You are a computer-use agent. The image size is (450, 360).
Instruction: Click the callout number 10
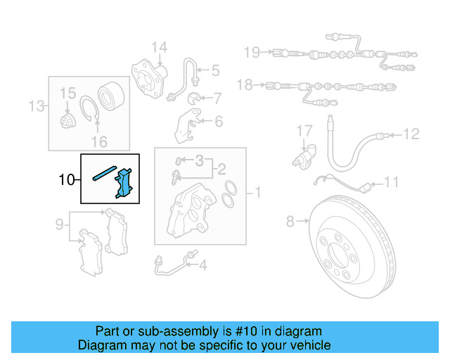[67, 180]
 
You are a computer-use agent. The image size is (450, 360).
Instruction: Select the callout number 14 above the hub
[160, 49]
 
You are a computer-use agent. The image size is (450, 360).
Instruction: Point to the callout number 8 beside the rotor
[290, 223]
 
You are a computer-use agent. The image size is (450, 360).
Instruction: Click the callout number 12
[411, 133]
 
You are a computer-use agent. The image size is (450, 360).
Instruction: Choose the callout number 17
[303, 131]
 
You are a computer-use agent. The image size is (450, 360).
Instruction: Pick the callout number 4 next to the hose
[202, 266]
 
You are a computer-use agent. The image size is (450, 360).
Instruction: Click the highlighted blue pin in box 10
[103, 174]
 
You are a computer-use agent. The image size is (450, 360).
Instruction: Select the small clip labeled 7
[196, 97]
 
